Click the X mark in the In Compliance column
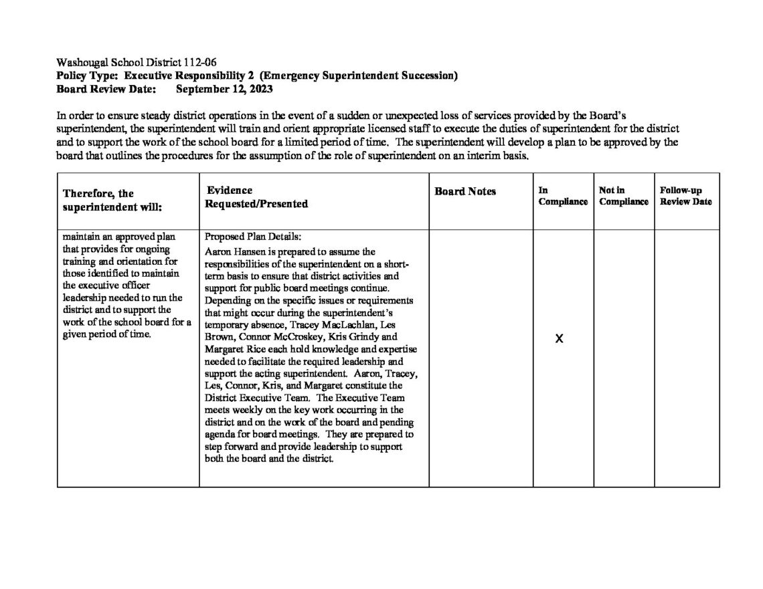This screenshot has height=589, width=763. click(560, 339)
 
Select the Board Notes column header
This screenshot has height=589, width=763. click(465, 191)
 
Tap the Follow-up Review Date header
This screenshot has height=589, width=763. click(685, 196)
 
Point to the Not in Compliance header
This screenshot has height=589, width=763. click(623, 196)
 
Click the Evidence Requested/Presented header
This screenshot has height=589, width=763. click(256, 197)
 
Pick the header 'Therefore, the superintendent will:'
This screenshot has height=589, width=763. click(112, 200)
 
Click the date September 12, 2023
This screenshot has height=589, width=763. click(224, 88)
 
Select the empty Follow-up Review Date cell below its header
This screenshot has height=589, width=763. click(687, 358)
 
